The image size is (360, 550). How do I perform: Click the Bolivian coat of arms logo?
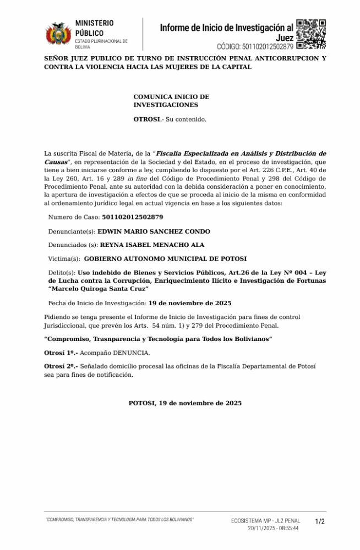pyautogui.click(x=58, y=34)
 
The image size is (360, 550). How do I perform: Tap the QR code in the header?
pyautogui.click(x=311, y=34)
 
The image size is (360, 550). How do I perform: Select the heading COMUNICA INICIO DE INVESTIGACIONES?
pyautogui.click(x=171, y=101)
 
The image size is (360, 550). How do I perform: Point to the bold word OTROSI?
pyautogui.click(x=146, y=119)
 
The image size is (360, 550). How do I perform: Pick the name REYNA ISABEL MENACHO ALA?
pyautogui.click(x=152, y=245)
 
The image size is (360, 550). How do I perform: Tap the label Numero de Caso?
pyautogui.click(x=73, y=217)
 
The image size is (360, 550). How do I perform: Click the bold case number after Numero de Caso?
pyautogui.click(x=133, y=217)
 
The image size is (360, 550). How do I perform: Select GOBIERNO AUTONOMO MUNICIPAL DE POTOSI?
pyautogui.click(x=165, y=258)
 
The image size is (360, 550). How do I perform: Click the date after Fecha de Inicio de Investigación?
pyautogui.click(x=190, y=303)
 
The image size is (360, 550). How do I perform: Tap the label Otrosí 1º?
pyautogui.click(x=61, y=353)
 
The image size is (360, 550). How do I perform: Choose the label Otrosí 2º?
pyautogui.click(x=61, y=366)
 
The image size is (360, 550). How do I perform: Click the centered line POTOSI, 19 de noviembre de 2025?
pyautogui.click(x=185, y=403)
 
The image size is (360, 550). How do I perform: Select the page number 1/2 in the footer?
pyautogui.click(x=320, y=521)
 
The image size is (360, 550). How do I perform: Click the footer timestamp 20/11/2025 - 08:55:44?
pyautogui.click(x=273, y=528)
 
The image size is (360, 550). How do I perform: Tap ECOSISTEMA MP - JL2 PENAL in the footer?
pyautogui.click(x=265, y=520)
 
